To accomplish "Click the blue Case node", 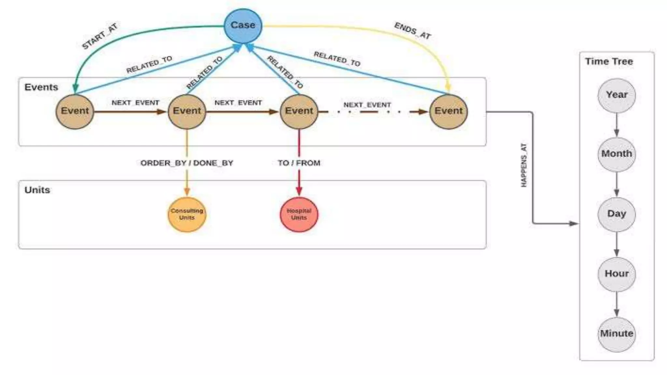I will point(243,25).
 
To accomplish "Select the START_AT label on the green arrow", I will point(99,36).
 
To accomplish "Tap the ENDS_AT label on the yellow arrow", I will point(413,31).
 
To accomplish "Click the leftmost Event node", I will point(75,111).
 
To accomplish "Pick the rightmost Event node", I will point(448,111).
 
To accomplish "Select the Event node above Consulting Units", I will point(187,111).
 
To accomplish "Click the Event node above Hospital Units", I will point(299,111).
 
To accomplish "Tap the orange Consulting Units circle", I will point(187,215).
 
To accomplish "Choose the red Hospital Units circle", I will point(299,215).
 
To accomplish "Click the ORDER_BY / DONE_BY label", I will point(187,163).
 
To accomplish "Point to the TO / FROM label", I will point(299,163).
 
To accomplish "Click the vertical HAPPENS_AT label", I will point(524,165).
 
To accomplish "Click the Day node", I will point(617,214).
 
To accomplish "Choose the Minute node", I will point(617,334).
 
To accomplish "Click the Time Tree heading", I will point(609,62).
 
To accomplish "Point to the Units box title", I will point(37,190).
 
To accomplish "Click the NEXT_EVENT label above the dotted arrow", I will point(367,105).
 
